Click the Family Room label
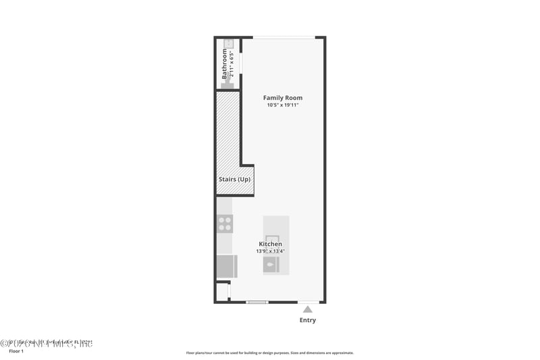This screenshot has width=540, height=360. (x=282, y=98)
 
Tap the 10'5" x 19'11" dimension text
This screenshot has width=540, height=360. (x=282, y=105)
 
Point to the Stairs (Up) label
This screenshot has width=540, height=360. (x=234, y=180)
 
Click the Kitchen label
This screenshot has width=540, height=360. (x=270, y=244)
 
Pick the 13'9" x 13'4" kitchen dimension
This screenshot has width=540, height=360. (x=270, y=251)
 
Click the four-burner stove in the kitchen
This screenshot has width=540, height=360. (x=225, y=224)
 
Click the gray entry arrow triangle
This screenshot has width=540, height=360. (x=308, y=309)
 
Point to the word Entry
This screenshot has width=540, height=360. (x=308, y=320)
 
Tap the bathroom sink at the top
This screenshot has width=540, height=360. (x=229, y=44)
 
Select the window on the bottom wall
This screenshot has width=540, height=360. (x=257, y=302)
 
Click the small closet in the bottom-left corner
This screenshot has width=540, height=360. (x=222, y=292)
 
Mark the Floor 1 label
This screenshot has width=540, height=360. (x=16, y=351)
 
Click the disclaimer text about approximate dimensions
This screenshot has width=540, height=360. (x=269, y=353)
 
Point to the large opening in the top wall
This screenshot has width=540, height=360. (x=283, y=37)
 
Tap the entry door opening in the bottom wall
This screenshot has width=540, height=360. (x=308, y=302)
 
